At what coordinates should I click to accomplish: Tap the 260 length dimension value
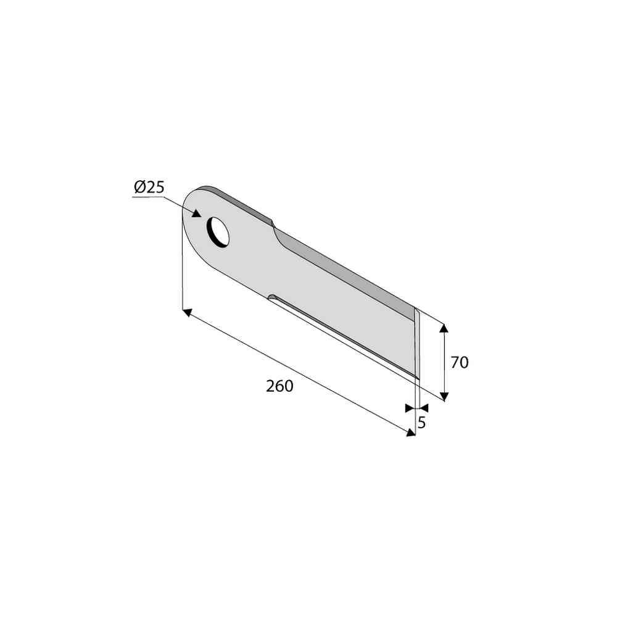(x=280, y=386)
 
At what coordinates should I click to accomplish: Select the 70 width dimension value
(x=459, y=362)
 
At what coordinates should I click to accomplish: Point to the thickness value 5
(x=421, y=423)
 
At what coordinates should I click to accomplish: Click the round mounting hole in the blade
(x=218, y=232)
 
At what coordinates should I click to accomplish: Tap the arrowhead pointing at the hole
(x=197, y=213)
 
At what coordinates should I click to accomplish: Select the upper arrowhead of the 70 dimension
(x=444, y=329)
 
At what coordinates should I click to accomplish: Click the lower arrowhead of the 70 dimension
(x=444, y=396)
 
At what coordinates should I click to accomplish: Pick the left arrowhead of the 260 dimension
(x=188, y=312)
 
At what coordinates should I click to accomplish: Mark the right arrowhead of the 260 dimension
(x=411, y=433)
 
